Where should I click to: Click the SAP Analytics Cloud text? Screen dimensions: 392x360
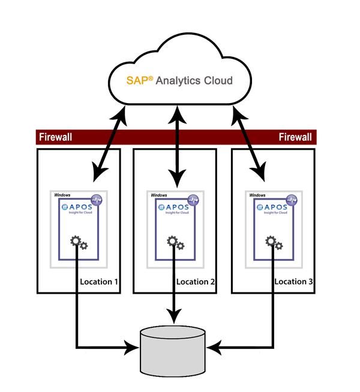click(178, 80)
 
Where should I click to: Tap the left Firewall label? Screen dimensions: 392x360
click(55, 137)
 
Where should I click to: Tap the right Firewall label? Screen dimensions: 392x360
click(295, 137)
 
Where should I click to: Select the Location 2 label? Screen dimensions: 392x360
click(196, 282)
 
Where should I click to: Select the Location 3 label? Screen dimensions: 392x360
click(295, 282)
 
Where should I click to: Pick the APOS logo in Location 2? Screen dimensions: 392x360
click(176, 208)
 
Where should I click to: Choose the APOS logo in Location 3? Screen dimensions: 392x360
click(274, 208)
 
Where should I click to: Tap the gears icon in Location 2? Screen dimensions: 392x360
click(176, 242)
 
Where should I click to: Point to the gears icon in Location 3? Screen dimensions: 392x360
click(274, 242)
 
